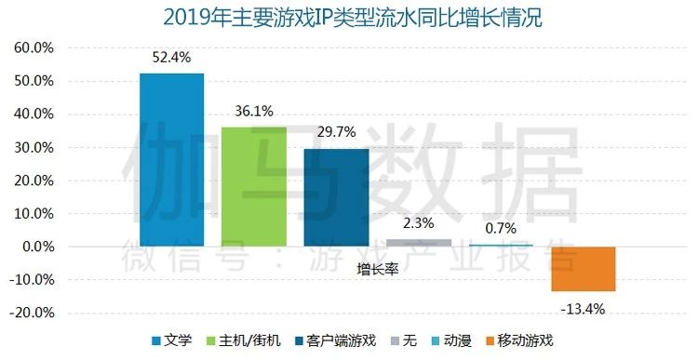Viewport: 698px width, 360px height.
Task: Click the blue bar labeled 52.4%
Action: pyautogui.click(x=171, y=159)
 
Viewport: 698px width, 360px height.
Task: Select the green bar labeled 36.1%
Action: pyautogui.click(x=253, y=186)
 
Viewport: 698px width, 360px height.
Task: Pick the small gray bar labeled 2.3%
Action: pyautogui.click(x=418, y=243)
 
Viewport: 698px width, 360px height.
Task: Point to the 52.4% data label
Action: pyautogui.click(x=172, y=57)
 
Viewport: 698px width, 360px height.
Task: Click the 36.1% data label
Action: pyautogui.click(x=253, y=112)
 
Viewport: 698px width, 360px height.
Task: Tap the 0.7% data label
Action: pyautogui.click(x=501, y=227)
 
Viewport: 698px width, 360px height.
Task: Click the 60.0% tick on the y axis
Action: pyautogui.click(x=34, y=47)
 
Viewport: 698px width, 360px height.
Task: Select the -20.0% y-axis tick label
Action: pyautogui.click(x=32, y=313)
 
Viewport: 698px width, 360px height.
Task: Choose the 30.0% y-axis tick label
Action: pyautogui.click(x=34, y=147)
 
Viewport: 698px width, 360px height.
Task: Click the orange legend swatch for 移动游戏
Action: pyautogui.click(x=490, y=340)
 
